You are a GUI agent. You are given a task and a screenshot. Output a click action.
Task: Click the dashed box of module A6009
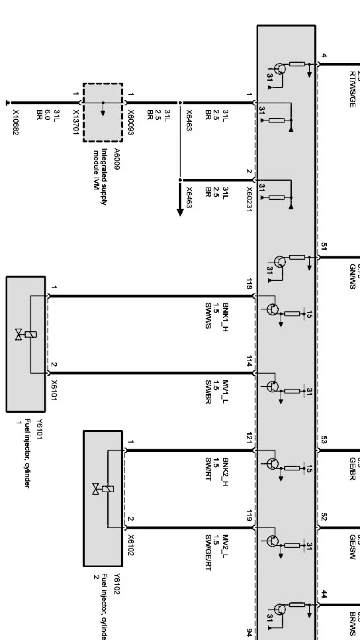pos(103,112)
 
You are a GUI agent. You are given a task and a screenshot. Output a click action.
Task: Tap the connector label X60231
pos(249,200)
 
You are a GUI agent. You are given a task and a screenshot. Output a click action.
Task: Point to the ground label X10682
pos(16,123)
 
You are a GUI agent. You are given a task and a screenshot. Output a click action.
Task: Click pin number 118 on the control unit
pos(249,284)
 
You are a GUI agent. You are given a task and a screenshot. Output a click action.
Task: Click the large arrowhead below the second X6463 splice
pos(180,212)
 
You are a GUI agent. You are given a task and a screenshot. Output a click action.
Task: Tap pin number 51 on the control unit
pos(324,247)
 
